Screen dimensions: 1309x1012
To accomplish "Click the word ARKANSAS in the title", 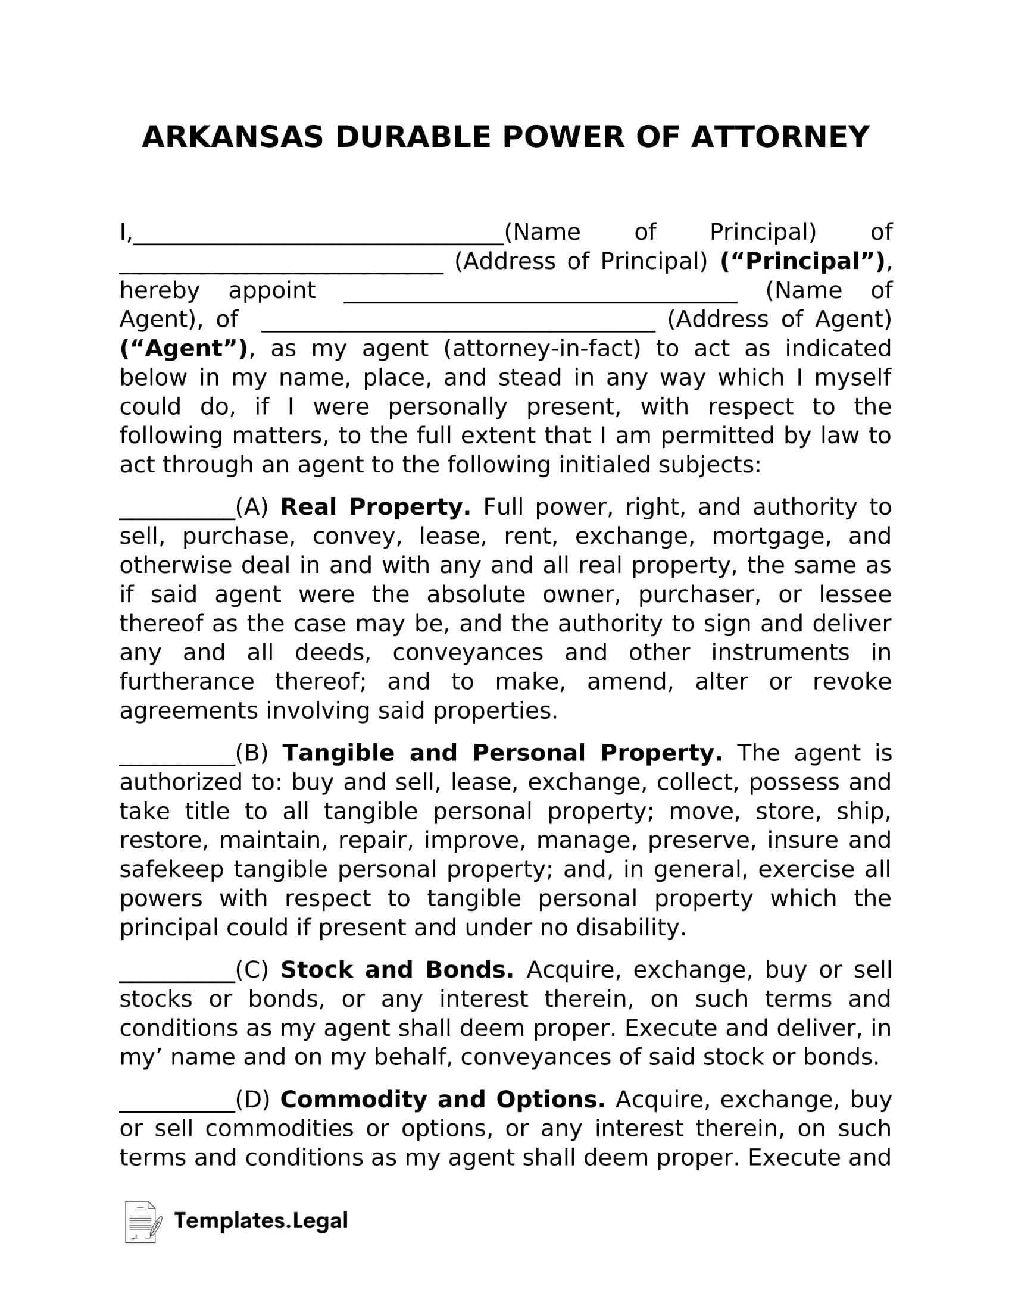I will pyautogui.click(x=232, y=137).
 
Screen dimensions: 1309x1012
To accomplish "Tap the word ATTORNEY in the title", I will pyautogui.click(x=780, y=137).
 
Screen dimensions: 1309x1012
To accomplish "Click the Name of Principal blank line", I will pyautogui.click(x=318, y=240).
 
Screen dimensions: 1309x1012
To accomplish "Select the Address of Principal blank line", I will pyautogui.click(x=281, y=269).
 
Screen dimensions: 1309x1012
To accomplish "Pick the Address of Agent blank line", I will pyautogui.click(x=458, y=327).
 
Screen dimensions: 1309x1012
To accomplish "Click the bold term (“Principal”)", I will pyautogui.click(x=803, y=261).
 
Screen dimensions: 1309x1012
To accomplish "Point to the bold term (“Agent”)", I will pyautogui.click(x=184, y=349).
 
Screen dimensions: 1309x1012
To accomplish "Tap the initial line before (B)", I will pyautogui.click(x=177, y=760).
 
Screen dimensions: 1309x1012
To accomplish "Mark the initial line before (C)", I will pyautogui.click(x=177, y=978).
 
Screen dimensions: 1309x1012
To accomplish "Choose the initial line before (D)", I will pyautogui.click(x=177, y=1107).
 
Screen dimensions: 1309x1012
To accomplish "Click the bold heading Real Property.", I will pyautogui.click(x=375, y=507).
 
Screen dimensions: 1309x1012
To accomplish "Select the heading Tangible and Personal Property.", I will pyautogui.click(x=502, y=753).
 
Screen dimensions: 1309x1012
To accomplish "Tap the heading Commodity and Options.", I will pyautogui.click(x=442, y=1100).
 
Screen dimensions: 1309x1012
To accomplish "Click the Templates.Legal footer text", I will pyautogui.click(x=261, y=1221).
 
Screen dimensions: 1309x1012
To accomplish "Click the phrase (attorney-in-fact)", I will pyautogui.click(x=542, y=349).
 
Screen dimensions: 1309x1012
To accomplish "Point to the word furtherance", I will pyautogui.click(x=186, y=682).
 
